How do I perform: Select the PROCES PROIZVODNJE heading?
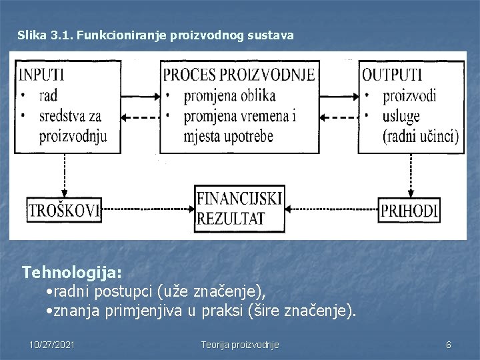tap(239, 74)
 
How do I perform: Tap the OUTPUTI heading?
tap(392, 74)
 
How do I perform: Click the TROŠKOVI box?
tap(63, 211)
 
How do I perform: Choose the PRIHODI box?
tap(409, 211)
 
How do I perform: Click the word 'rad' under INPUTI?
tap(49, 96)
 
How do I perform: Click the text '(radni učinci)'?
tap(420, 137)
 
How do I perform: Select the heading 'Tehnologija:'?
tap(72, 273)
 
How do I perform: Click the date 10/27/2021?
tap(52, 345)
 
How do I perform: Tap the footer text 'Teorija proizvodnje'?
tap(240, 345)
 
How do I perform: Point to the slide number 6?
tap(448, 345)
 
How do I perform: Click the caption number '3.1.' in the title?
tap(61, 34)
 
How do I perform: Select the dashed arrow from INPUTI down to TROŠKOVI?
tap(65, 175)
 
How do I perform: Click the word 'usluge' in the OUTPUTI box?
tap(401, 116)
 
